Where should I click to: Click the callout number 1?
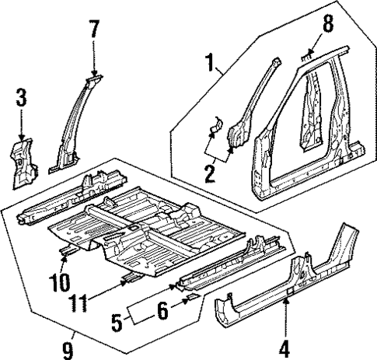click(x=209, y=60)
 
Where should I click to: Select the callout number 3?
click(x=20, y=100)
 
